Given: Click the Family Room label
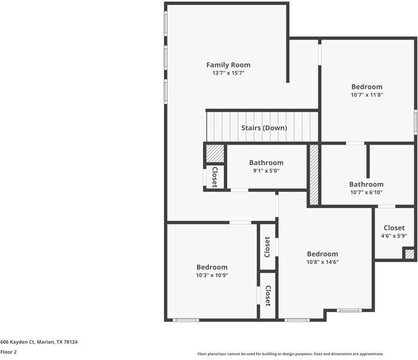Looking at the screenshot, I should [228, 65].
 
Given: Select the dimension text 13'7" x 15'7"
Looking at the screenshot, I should [228, 73].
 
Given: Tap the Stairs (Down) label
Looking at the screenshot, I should [264, 128].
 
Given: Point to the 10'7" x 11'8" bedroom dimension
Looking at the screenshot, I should [366, 95].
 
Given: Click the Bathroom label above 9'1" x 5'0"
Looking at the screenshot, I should [266, 163].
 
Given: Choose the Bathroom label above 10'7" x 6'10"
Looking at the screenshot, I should [366, 184].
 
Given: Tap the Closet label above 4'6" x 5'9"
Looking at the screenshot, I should [394, 228].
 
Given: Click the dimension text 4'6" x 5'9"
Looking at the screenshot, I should [394, 236].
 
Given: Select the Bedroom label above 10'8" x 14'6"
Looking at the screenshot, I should [323, 254].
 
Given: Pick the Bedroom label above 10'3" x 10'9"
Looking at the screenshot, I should [211, 267].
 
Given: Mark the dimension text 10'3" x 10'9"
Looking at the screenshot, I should [211, 275].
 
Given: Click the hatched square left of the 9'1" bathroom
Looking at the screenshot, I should [215, 154].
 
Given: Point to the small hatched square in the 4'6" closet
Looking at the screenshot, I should [409, 254].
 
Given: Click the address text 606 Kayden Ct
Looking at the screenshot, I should [38, 342].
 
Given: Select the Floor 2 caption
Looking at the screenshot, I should [8, 352].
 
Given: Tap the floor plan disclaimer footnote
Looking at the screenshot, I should [290, 354].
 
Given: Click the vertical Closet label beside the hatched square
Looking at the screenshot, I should [214, 176].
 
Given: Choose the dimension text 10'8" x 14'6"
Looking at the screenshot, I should [323, 262].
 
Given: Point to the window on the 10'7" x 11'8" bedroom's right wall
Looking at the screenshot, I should [414, 121].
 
